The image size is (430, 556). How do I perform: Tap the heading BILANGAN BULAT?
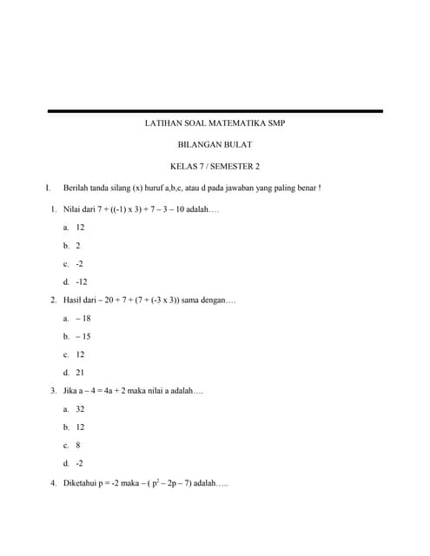[214, 145]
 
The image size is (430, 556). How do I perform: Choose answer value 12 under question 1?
[80, 227]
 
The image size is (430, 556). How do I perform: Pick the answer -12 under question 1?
[82, 282]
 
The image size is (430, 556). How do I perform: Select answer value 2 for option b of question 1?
[78, 246]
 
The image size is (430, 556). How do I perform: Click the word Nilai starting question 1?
[73, 209]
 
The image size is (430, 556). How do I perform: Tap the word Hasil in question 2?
[74, 301]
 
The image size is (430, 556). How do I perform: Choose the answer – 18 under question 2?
[83, 319]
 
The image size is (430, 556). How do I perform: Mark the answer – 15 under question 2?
[83, 336]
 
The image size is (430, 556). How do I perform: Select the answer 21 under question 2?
[80, 373]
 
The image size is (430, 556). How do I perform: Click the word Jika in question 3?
[72, 391]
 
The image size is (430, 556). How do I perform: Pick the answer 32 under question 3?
[80, 408]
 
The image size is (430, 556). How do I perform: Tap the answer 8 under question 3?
[78, 445]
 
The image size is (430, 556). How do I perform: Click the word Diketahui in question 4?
[81, 482]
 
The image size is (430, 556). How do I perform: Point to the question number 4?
[53, 482]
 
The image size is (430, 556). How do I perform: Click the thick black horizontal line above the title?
[214, 111]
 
